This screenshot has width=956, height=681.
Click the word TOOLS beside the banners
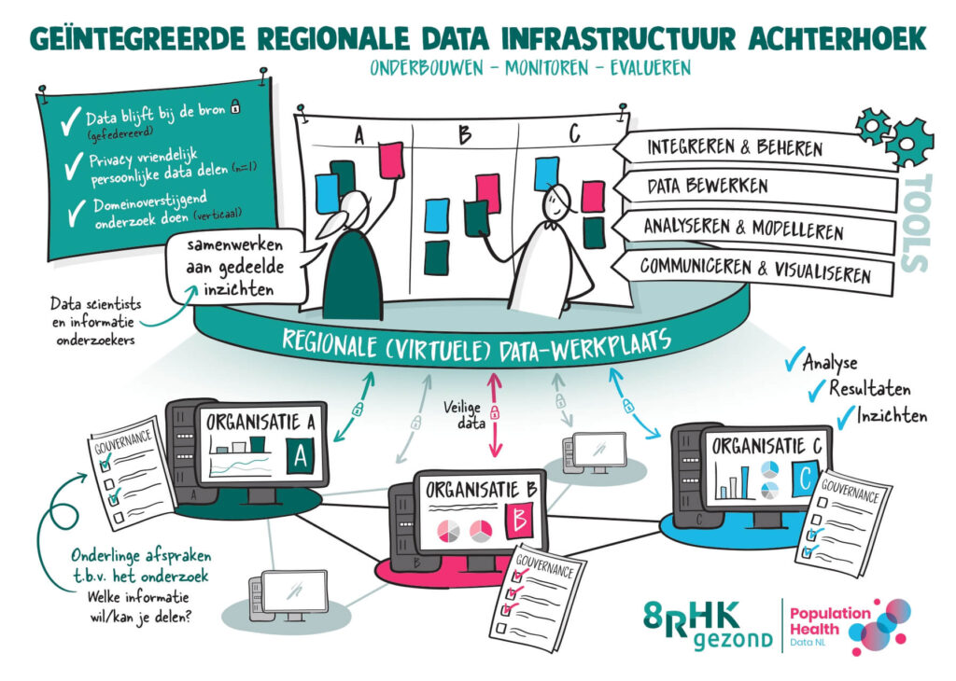916,223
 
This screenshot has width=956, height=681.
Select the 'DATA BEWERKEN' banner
756,188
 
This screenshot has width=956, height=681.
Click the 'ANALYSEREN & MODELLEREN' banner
753,229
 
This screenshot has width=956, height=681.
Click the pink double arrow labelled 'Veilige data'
495,415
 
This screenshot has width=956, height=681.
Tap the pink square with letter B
519,521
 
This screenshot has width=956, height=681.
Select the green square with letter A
301,455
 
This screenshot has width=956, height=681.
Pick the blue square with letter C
805,479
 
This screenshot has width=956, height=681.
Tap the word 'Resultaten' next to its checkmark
869,388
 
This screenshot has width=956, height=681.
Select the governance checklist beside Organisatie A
132,473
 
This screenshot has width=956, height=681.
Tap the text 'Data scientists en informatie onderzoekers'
96,322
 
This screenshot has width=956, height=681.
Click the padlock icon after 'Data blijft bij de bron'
235,108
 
